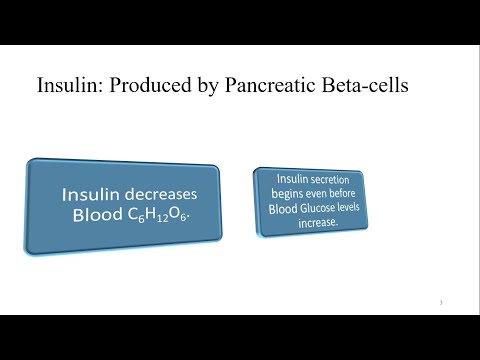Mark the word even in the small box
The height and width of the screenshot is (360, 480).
point(318,193)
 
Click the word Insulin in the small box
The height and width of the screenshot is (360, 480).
point(290,177)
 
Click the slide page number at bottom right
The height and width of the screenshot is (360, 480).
point(441,303)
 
